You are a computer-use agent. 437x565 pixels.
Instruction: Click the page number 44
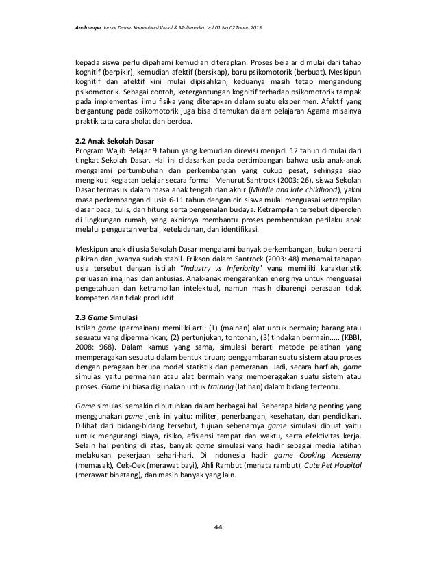(x=218, y=526)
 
